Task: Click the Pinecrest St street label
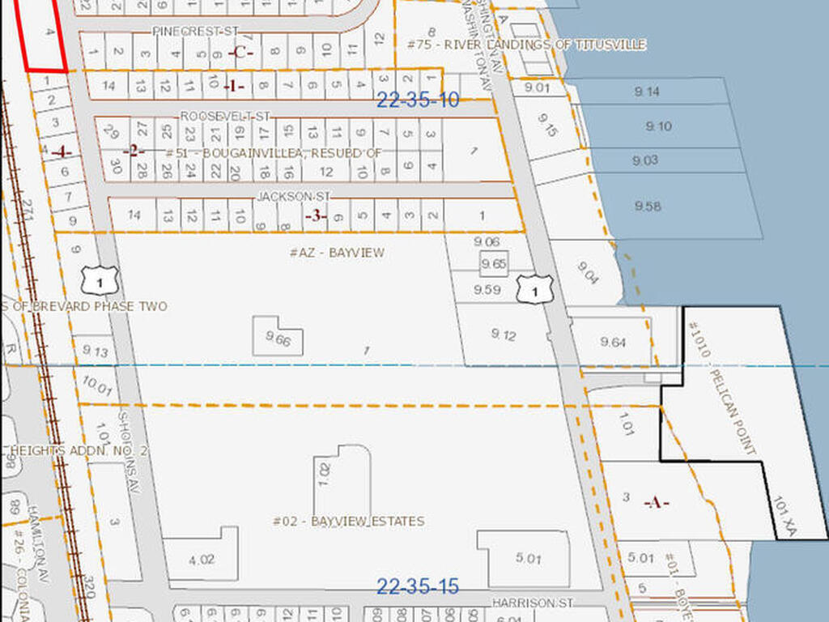(x=197, y=31)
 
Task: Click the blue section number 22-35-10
(x=419, y=100)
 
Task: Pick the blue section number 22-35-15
(x=419, y=586)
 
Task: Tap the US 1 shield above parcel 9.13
(x=100, y=279)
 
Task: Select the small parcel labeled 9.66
(x=277, y=340)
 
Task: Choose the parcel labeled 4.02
(x=202, y=558)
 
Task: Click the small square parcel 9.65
(x=493, y=264)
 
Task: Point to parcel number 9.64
(x=613, y=343)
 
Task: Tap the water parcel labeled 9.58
(x=648, y=207)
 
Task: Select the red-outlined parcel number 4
(x=49, y=32)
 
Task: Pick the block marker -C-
(x=242, y=53)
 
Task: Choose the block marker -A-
(x=656, y=503)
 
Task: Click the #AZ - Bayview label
(x=337, y=253)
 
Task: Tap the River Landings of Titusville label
(x=527, y=45)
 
